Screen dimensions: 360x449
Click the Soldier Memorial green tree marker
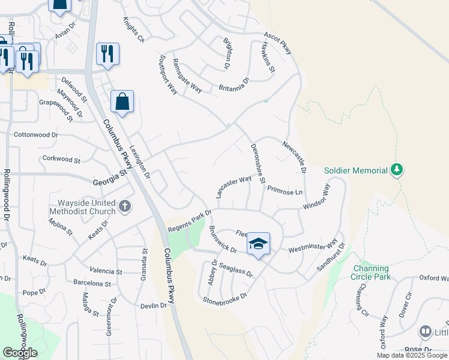click(x=396, y=170)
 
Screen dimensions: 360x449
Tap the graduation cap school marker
click(x=258, y=244)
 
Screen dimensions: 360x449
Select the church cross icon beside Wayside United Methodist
click(x=125, y=207)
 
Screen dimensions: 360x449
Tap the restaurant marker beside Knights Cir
click(x=107, y=54)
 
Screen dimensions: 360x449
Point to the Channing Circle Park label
click(x=372, y=272)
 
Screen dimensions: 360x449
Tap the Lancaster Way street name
click(x=234, y=187)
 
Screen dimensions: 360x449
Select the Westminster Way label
click(x=313, y=247)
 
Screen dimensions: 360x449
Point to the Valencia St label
click(x=106, y=271)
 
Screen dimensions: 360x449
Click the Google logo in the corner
click(x=20, y=353)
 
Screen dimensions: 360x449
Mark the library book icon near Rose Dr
click(x=426, y=331)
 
